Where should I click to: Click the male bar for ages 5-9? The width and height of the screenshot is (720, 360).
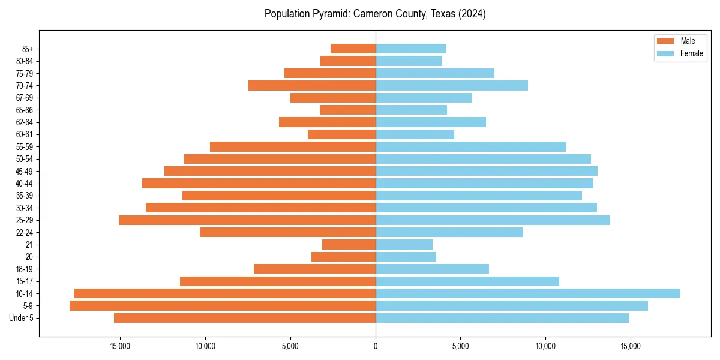pos(222,305)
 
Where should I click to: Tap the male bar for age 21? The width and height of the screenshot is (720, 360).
pos(349,244)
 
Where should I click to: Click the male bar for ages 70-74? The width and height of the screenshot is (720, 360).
pos(312,85)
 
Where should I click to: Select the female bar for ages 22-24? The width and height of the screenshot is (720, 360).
pos(449,232)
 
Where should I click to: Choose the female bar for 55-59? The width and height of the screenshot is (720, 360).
pos(471,146)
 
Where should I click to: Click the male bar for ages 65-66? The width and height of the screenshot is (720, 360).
pos(347,110)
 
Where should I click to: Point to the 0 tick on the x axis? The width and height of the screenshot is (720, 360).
pos(376,346)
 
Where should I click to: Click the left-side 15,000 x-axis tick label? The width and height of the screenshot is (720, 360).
pos(120,346)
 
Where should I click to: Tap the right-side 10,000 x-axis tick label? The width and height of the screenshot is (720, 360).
pos(545,346)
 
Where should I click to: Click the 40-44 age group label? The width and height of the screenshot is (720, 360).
pos(24,184)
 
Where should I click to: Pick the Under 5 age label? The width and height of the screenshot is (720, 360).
pos(22,318)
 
